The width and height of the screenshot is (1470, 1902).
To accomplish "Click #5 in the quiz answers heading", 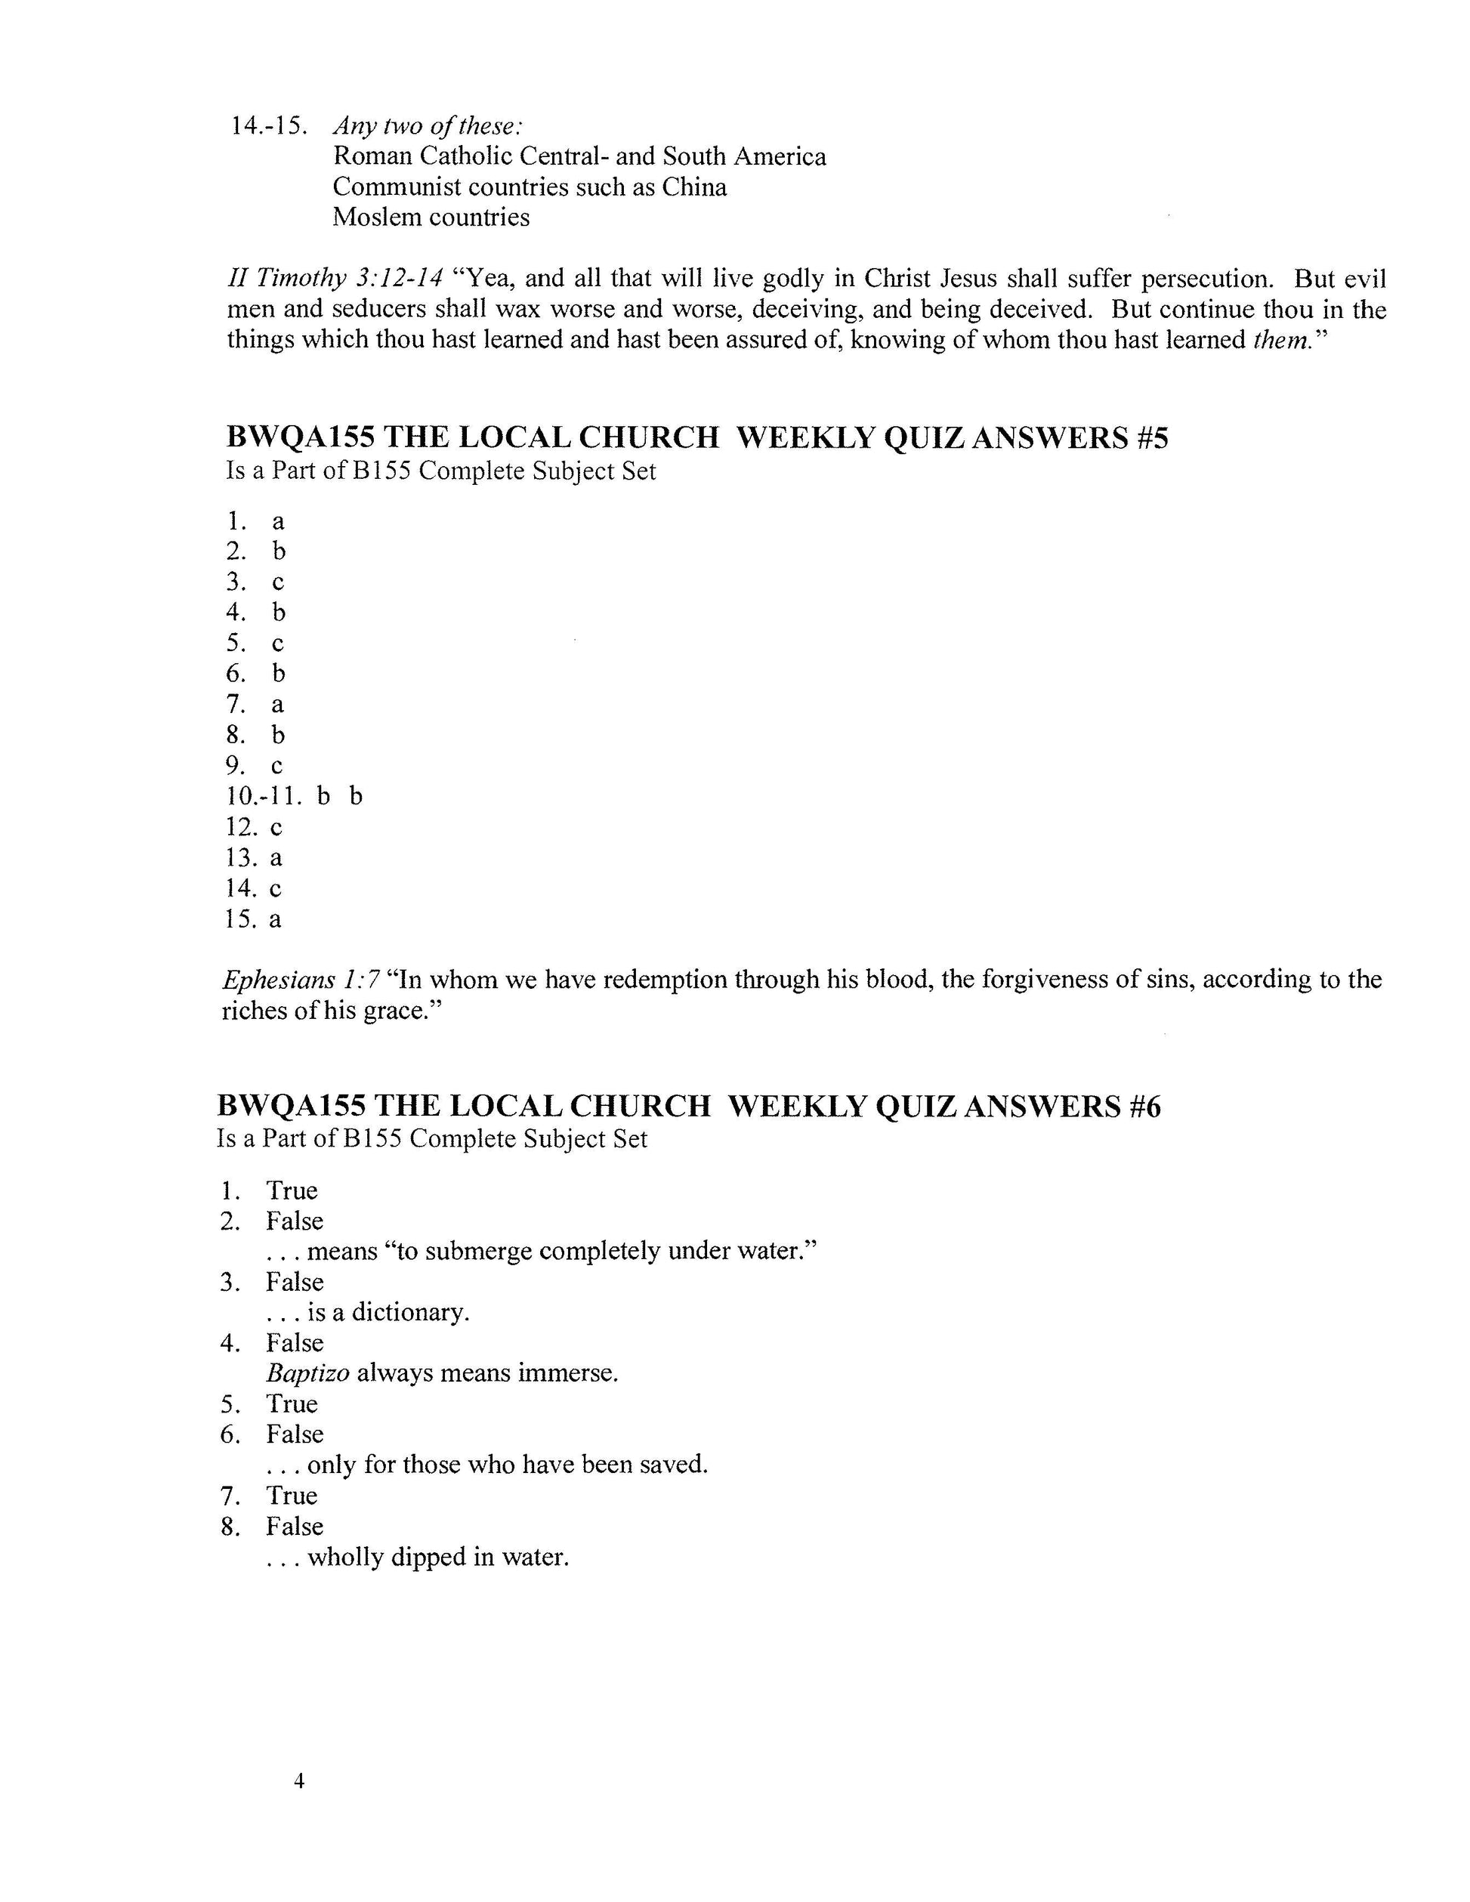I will [x=1151, y=437].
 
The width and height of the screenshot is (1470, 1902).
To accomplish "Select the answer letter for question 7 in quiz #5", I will [x=278, y=705].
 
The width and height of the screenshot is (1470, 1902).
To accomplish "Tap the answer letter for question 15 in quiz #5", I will [x=275, y=919].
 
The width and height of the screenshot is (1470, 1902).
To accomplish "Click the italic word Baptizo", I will [x=308, y=1373].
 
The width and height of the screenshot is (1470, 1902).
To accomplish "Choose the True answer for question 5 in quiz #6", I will [x=292, y=1404].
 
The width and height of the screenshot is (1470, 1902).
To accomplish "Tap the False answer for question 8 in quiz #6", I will [x=295, y=1526].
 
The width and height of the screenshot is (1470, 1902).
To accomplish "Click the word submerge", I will [x=467, y=1252].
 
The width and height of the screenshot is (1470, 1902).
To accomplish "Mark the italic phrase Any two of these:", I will [x=428, y=126].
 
